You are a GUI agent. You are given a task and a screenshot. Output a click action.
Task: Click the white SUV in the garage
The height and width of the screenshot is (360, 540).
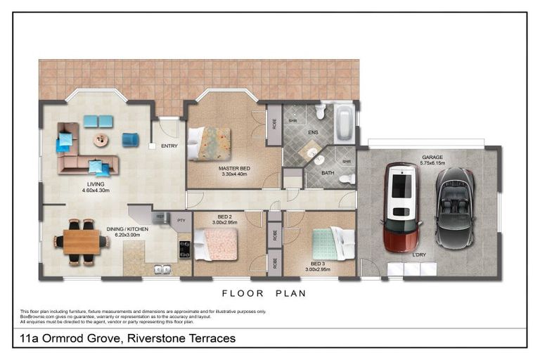[x=401, y=207]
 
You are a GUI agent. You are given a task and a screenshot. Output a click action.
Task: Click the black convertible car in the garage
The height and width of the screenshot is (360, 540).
[x=454, y=207]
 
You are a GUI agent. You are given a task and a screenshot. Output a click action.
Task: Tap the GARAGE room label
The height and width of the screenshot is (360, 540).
[x=432, y=157]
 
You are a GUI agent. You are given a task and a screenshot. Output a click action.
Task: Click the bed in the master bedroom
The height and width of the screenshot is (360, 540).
[x=209, y=143]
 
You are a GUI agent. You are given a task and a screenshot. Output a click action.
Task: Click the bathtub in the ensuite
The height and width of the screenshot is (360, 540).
[x=345, y=124]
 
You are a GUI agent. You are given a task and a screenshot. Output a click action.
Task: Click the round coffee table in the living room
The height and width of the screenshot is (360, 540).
[x=101, y=140]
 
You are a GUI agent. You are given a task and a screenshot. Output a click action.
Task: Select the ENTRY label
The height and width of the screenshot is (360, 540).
[x=169, y=146]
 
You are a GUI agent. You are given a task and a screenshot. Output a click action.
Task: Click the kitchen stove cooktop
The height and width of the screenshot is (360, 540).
[x=184, y=249]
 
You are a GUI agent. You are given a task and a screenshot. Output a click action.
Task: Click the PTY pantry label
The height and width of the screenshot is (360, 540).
[x=181, y=219]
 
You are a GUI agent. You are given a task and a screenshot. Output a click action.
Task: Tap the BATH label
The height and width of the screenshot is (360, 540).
[x=328, y=172]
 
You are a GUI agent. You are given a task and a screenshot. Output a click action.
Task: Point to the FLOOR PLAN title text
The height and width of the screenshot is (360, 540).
[x=264, y=294]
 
